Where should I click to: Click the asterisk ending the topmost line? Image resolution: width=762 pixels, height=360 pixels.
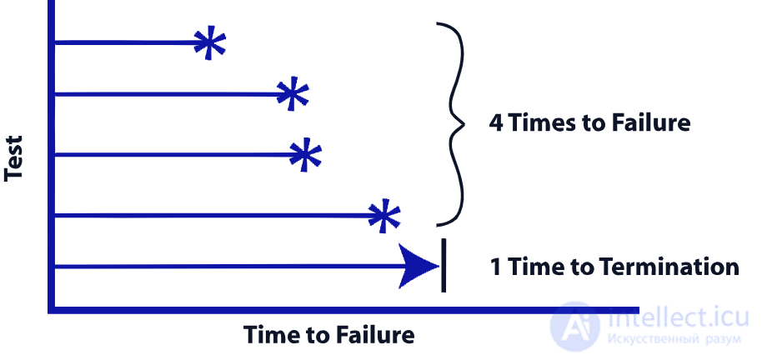tap(209, 42)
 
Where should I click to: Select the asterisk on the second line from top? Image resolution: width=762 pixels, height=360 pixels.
tap(291, 94)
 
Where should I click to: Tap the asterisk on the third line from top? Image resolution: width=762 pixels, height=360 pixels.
tap(304, 155)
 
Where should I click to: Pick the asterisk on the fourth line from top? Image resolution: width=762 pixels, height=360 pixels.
tap(383, 216)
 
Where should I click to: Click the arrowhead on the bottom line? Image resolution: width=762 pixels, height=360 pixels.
tap(417, 267)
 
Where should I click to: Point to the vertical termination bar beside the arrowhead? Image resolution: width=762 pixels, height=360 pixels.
tap(443, 266)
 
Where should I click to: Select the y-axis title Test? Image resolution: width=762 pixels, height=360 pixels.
tap(14, 158)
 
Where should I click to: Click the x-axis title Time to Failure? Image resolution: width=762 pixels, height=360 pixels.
tap(328, 335)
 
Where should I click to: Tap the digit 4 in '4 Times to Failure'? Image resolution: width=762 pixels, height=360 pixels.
tap(496, 123)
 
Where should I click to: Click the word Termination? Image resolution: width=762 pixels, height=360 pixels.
tap(666, 267)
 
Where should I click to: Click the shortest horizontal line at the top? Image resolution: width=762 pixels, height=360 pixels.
tap(125, 42)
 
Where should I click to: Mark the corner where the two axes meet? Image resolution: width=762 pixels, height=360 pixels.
tap(52, 309)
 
